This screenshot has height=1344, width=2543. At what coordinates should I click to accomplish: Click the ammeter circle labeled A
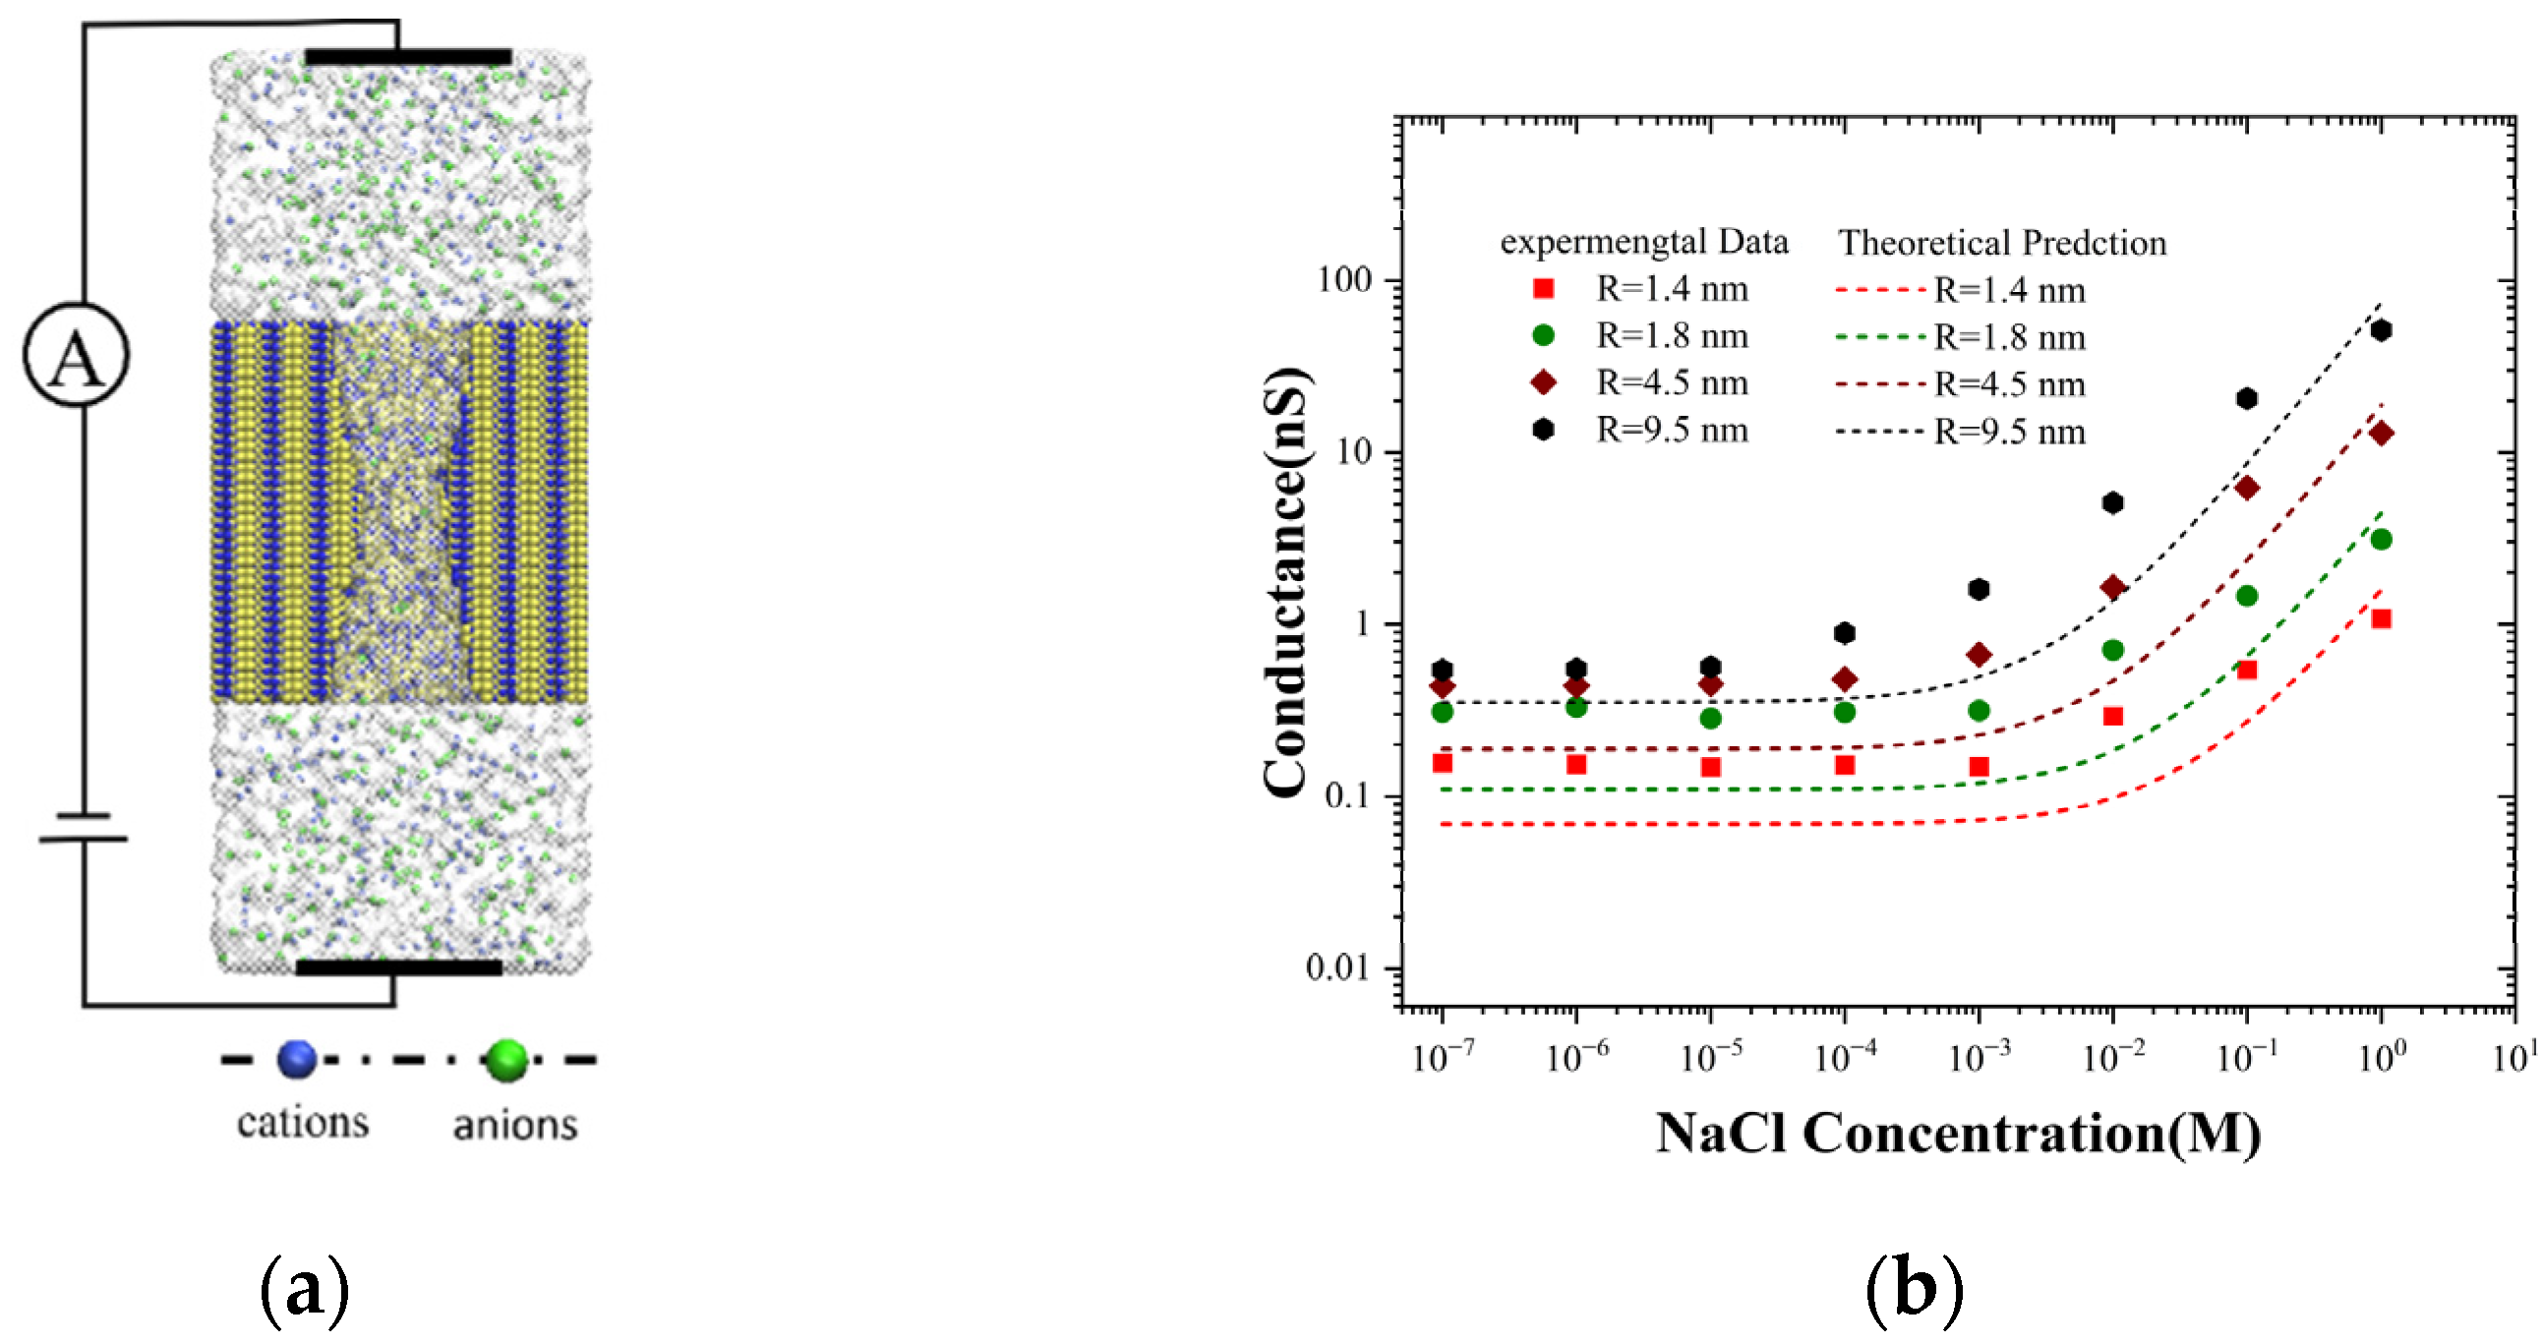pos(76,355)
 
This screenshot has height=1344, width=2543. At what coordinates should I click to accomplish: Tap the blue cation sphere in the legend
pos(296,1059)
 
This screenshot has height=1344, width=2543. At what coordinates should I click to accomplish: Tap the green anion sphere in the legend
pos(507,1060)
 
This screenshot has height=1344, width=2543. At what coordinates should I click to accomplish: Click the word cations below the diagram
pos(303,1122)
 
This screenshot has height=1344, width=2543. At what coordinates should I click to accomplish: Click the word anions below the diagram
pos(515,1124)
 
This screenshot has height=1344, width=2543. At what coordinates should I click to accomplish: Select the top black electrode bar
pos(408,57)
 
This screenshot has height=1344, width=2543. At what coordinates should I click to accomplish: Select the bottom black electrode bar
pos(399,967)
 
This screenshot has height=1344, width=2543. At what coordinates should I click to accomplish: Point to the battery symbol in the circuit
pos(83,827)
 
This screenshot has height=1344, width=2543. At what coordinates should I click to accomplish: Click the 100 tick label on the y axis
pos(1344,280)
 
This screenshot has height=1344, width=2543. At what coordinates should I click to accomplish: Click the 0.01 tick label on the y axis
pos(1337,968)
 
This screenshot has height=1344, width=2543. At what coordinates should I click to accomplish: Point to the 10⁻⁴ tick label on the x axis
pos(1844,1058)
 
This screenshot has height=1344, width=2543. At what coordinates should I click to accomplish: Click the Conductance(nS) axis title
pos(1287,581)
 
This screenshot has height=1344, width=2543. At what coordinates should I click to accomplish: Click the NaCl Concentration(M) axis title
pos(1958,1133)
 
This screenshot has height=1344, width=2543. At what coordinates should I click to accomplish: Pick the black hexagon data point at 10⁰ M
pos(2380,330)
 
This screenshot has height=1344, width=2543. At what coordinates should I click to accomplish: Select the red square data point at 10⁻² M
pos(2112,717)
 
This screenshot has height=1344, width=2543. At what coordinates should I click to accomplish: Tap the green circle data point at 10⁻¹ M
pos(2247,595)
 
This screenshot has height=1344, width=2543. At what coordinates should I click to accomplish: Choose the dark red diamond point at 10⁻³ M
pos(1979,654)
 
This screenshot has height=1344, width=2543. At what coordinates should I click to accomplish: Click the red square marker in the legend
pos(1543,288)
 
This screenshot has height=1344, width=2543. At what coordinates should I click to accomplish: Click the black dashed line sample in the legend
pos(1878,432)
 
